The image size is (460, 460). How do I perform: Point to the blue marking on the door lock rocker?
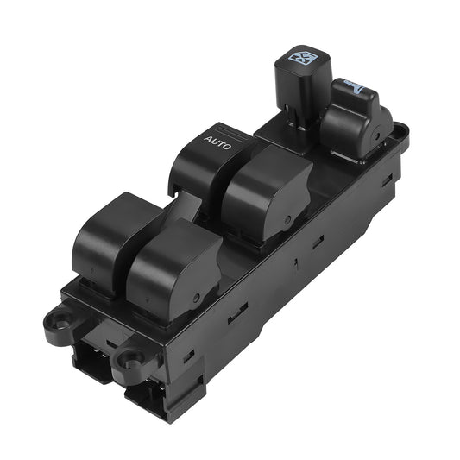355,87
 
